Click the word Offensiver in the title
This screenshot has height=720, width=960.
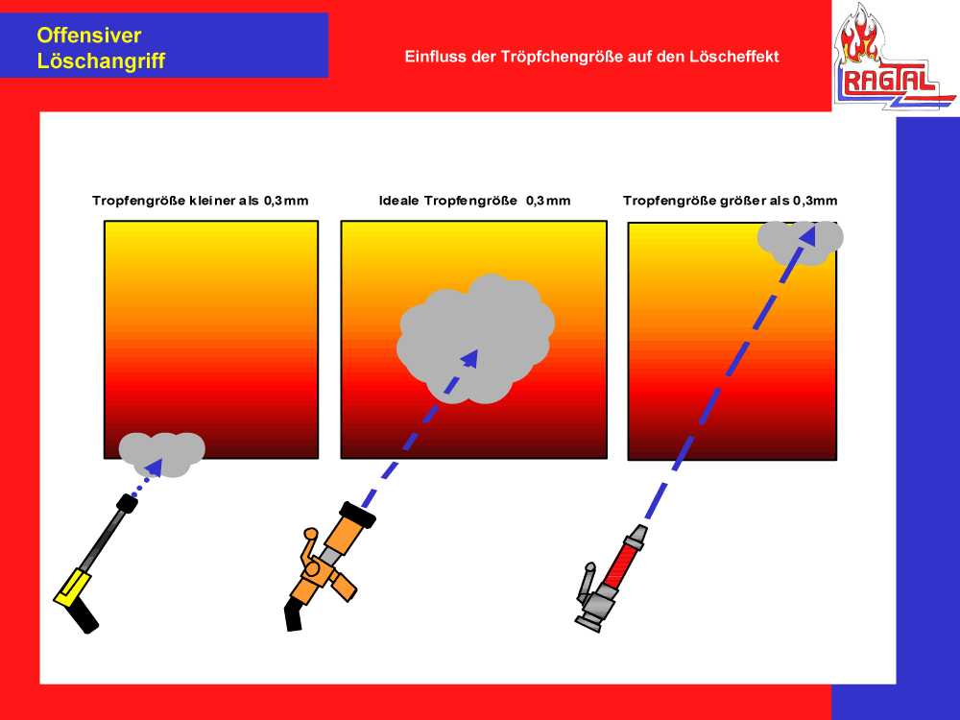pos(88,36)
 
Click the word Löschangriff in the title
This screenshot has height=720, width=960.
pos(101,61)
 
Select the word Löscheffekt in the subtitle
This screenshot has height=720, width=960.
pos(734,57)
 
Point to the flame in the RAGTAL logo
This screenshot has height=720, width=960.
pos(859,36)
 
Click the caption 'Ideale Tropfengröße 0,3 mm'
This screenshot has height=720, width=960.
pos(474,201)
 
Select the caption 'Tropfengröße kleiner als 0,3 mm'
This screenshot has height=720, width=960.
pos(201,201)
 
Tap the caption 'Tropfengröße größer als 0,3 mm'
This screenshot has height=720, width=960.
pos(730,201)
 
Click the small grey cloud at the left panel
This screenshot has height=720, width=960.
pos(161,454)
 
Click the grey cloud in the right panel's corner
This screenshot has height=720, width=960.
pos(801,243)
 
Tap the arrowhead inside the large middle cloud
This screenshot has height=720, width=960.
pos(470,357)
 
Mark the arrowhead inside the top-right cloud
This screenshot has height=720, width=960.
pos(808,236)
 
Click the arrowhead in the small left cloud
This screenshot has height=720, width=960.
pos(153,467)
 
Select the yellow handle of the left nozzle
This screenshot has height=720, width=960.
pos(72,588)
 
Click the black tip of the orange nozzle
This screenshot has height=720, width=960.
pos(357,515)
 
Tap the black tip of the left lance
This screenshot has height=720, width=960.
pos(127,503)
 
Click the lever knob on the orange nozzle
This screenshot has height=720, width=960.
pos(311,534)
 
